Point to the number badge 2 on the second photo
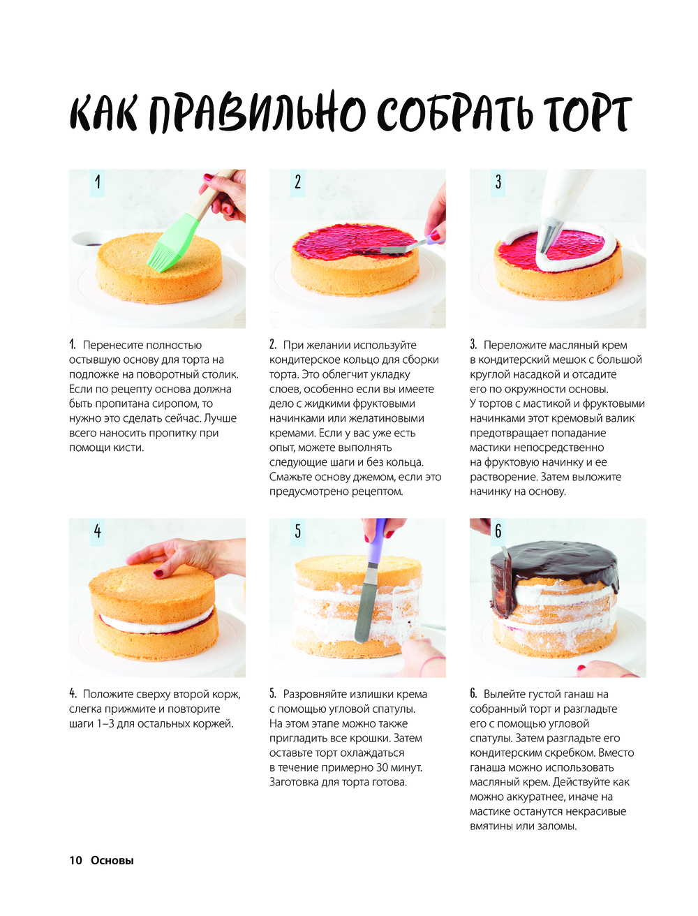pyautogui.click(x=297, y=182)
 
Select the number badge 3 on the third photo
pyautogui.click(x=498, y=182)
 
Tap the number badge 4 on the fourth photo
pyautogui.click(x=97, y=531)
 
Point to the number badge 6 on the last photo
pyautogui.click(x=498, y=531)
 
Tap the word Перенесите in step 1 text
pyautogui.click(x=110, y=345)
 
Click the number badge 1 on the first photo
pyautogui.click(x=97, y=182)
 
